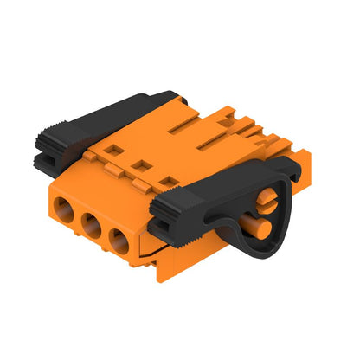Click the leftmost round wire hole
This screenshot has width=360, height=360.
click(67, 209)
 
